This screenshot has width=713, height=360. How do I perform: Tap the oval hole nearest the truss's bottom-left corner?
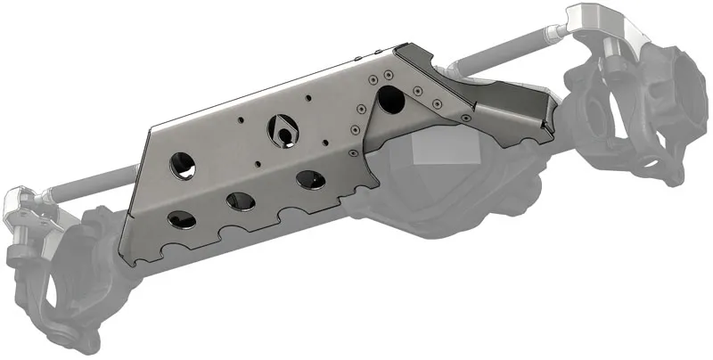pyautogui.click(x=181, y=219)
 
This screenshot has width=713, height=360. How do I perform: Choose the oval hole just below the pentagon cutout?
pyautogui.click(x=310, y=180)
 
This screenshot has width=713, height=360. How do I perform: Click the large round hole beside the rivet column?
pyautogui.click(x=389, y=100)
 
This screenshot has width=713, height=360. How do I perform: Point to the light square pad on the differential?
pyautogui.click(x=436, y=151)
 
